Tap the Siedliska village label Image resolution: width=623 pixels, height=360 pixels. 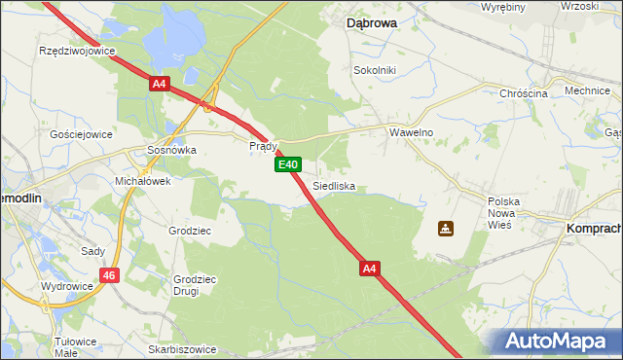coord(334,185)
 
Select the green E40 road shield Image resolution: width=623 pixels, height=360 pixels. coord(287,165)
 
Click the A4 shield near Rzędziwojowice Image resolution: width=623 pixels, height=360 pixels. coord(161,85)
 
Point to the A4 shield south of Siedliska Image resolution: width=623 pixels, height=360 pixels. coord(370,267)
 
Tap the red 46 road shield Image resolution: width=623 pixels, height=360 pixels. coord(110,276)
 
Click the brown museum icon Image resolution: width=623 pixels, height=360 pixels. coord(445,229)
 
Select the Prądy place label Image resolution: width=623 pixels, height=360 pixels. coord(264,146)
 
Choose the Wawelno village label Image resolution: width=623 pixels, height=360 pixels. coord(411,131)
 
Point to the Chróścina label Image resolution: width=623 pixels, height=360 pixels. coord(524,92)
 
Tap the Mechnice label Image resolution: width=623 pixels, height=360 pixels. coord(586,90)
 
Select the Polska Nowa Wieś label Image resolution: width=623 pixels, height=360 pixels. coord(505,212)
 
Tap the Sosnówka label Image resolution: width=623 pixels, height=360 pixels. coord(171,151)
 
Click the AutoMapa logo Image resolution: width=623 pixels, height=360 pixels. coord(561,342)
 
